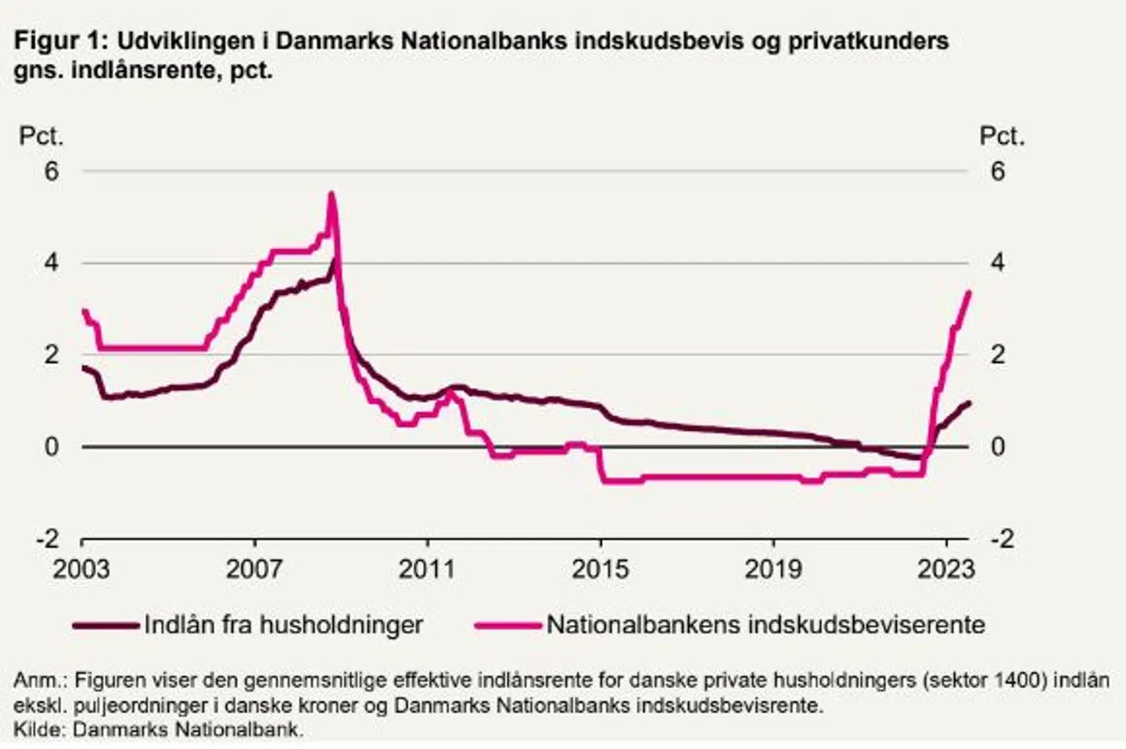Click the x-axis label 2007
click(x=254, y=568)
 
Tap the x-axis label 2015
click(x=600, y=568)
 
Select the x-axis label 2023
click(x=946, y=568)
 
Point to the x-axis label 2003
click(x=81, y=568)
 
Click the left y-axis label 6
click(x=52, y=170)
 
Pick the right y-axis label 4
click(x=997, y=262)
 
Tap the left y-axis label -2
click(x=47, y=539)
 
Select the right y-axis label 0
click(x=997, y=446)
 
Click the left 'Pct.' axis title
click(x=41, y=136)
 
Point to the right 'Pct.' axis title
click(x=1002, y=136)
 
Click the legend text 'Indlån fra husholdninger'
click(x=283, y=625)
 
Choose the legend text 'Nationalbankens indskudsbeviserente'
click(x=766, y=625)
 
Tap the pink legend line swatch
click(x=508, y=625)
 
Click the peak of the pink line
click(x=332, y=193)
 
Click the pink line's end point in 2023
click(x=969, y=292)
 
